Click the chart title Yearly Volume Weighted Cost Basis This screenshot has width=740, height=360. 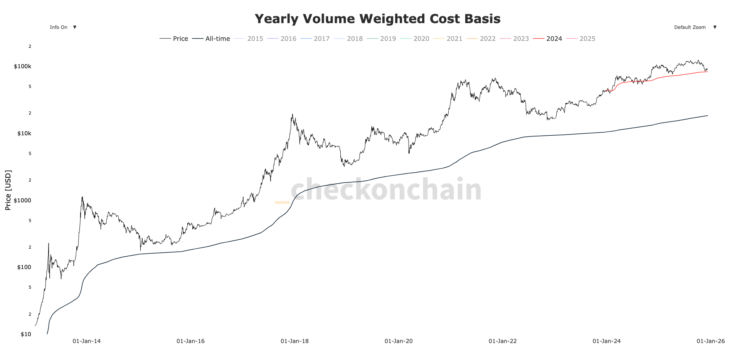tap(377, 19)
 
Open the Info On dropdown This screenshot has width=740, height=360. tap(62, 27)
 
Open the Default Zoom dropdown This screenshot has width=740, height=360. tap(694, 27)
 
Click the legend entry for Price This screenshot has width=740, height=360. tap(174, 39)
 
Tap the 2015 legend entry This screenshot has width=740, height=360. tap(249, 39)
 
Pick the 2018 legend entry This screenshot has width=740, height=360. tap(348, 39)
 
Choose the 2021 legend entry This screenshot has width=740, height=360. tap(448, 39)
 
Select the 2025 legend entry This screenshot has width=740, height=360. tap(581, 39)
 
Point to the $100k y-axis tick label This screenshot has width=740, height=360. tap(22, 66)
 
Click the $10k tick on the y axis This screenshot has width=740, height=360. tap(24, 133)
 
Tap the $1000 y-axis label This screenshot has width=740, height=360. tap(22, 200)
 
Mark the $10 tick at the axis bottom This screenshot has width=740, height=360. tap(25, 334)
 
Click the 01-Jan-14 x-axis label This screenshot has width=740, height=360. tap(86, 341)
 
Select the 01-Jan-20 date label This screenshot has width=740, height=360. tap(399, 341)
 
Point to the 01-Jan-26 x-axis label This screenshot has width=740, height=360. tap(710, 341)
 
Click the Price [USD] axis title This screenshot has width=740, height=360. tap(8, 190)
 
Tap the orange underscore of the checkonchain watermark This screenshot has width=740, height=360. tap(282, 202)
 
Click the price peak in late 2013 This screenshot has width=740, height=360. tap(82, 197)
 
